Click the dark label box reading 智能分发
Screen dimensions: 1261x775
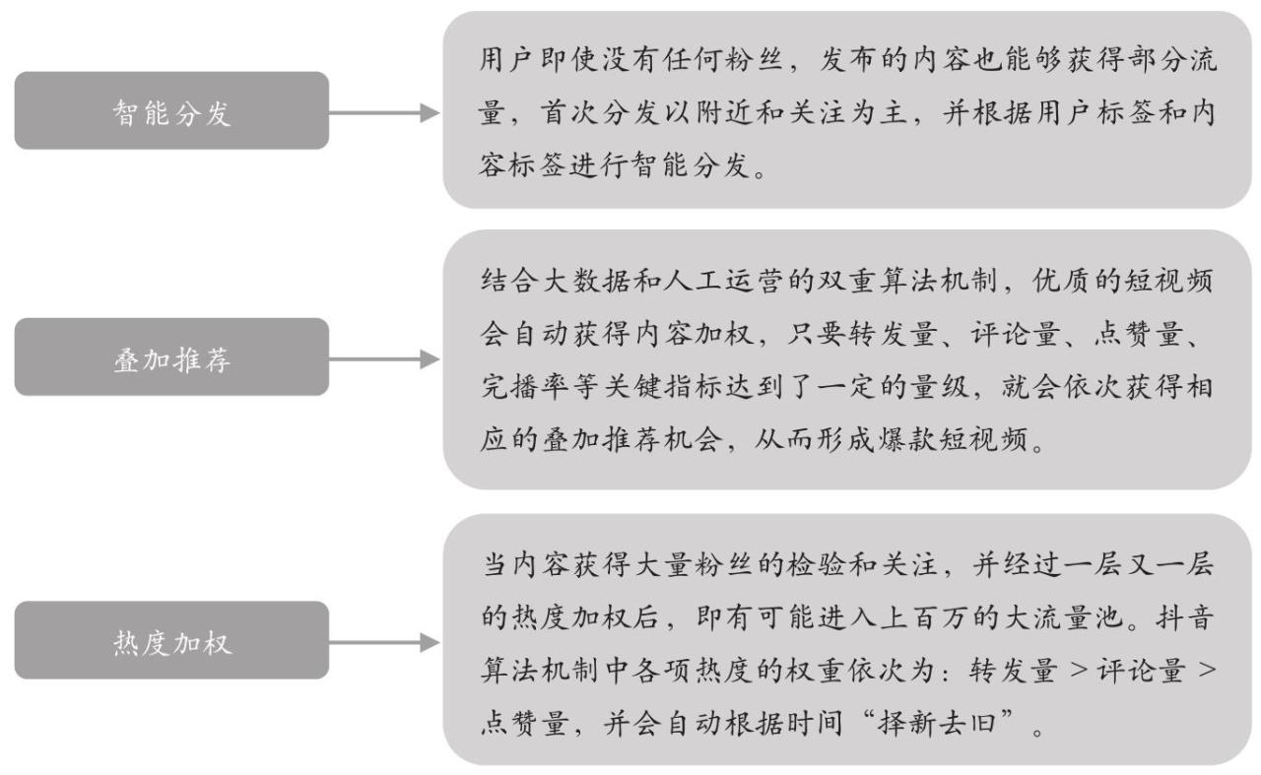(x=171, y=110)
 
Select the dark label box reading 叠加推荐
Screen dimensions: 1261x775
(x=171, y=356)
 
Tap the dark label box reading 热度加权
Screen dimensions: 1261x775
(x=171, y=640)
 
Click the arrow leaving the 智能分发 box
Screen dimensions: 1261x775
(x=384, y=112)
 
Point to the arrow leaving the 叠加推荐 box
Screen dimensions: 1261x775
(x=384, y=359)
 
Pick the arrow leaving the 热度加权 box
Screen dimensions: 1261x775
(x=384, y=642)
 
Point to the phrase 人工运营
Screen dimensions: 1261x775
(x=724, y=281)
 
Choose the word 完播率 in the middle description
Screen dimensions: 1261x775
(x=526, y=387)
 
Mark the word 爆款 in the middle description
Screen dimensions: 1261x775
(x=906, y=440)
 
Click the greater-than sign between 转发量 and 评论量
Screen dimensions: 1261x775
(x=1078, y=670)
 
